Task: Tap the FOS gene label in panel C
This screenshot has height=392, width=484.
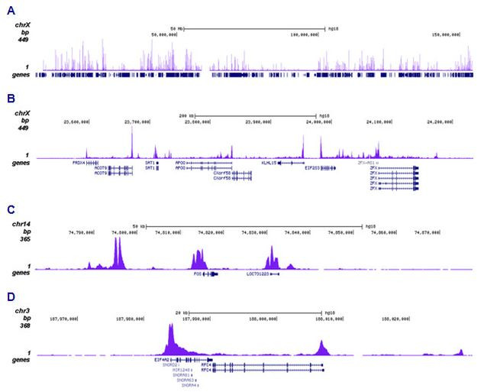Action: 197,273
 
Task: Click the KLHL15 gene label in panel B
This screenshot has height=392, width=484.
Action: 269,163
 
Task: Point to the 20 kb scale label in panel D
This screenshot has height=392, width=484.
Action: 179,312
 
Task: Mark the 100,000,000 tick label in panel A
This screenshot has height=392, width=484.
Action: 303,34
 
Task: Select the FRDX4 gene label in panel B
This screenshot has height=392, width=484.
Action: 78,163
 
